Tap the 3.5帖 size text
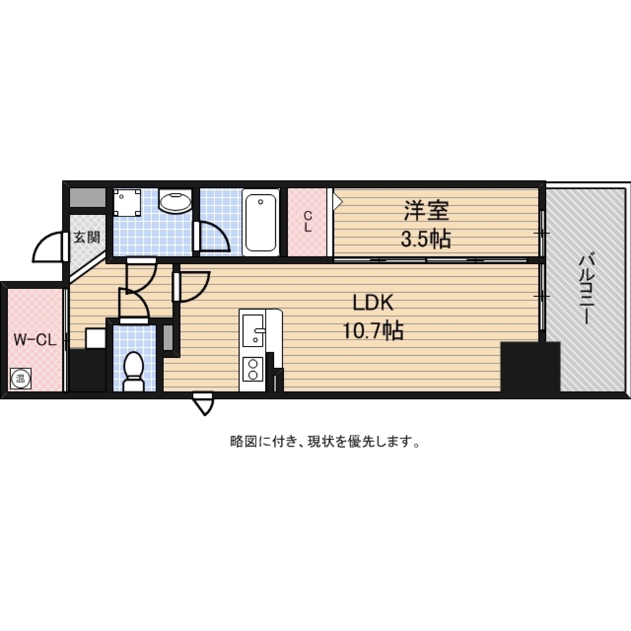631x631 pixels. pos(427,239)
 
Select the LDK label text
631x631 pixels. pos(373,304)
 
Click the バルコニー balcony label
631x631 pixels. pos(587,290)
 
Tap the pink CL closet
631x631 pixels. pos(308,221)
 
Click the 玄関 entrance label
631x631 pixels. pos(85,238)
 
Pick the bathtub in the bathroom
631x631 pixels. pos(261,221)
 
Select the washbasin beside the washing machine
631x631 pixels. pos(175,202)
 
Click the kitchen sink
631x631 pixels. pos(254,327)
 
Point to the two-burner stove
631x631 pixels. pos(253,369)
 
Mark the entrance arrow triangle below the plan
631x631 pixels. pos(204,404)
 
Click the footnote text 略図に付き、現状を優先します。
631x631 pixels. pos(325,442)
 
